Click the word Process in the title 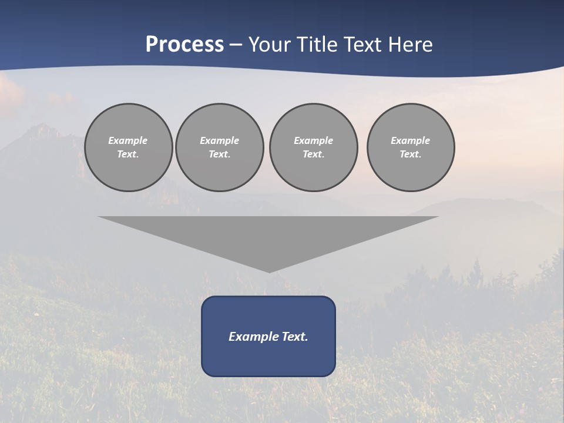(x=184, y=45)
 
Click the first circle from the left (x=129, y=147)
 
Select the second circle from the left (x=220, y=147)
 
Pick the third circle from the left (x=314, y=147)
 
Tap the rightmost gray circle (x=411, y=147)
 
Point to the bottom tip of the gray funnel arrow (x=269, y=271)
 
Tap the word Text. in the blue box (x=295, y=337)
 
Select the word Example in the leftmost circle (x=128, y=140)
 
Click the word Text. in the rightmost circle (x=411, y=155)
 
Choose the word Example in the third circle (x=314, y=140)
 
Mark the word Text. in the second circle (x=220, y=155)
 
